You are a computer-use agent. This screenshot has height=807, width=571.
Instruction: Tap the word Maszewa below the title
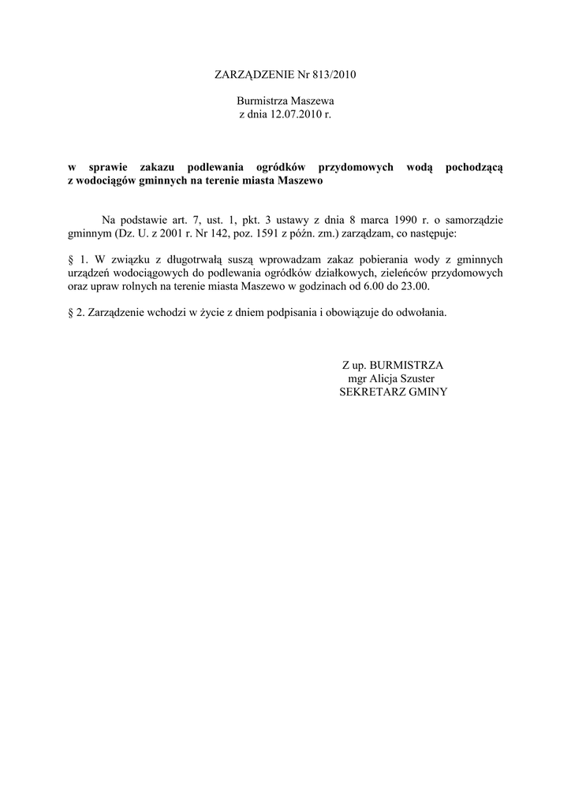click(313, 102)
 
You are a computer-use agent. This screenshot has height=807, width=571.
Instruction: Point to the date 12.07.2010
click(287, 114)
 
